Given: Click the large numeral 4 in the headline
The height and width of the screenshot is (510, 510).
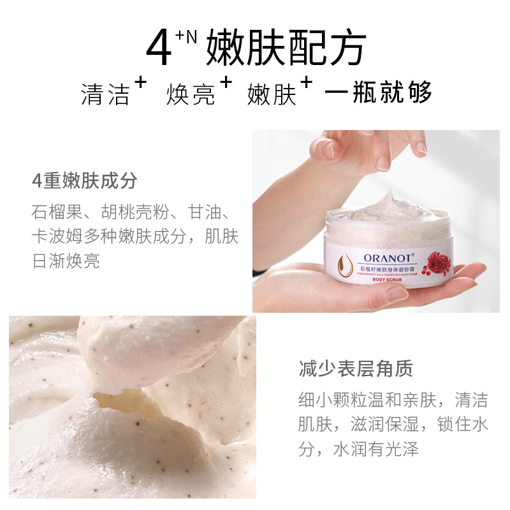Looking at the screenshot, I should pyautogui.click(x=159, y=49).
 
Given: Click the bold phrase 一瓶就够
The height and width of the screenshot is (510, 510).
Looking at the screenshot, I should pyautogui.click(x=378, y=93).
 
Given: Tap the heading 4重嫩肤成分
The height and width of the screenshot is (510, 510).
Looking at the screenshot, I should pyautogui.click(x=85, y=181).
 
